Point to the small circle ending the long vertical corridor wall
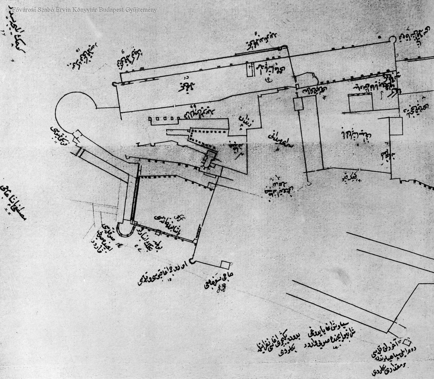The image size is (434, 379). tap(309, 184)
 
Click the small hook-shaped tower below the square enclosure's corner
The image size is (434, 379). tap(192, 261)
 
